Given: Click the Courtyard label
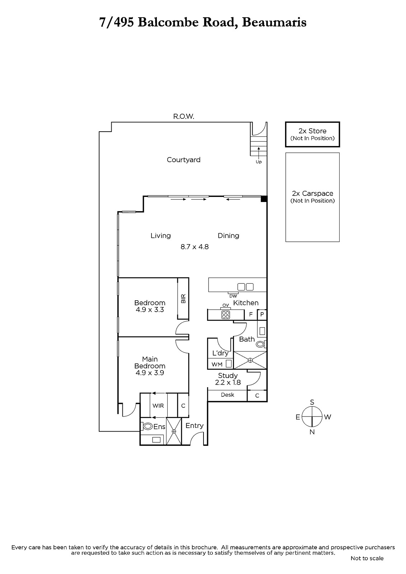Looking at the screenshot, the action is coord(183,160).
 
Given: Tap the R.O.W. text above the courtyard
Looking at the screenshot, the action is coord(184,117).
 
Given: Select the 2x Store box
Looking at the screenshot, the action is coord(312,134).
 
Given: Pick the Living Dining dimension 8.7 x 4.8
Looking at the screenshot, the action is coord(195,247).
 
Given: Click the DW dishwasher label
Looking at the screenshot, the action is coord(233,296).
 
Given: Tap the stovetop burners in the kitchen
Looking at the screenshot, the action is coord(226,314).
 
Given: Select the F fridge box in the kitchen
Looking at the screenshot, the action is coord(251,314).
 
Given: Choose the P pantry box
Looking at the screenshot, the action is coord(262,314).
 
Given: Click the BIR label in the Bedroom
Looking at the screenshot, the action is coord(183,298).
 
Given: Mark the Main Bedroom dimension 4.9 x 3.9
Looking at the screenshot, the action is coord(150,373).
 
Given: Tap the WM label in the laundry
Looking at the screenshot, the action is coord(217,364).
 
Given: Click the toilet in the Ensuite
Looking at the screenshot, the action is coord(147,426).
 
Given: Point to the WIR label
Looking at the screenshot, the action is coord(158,406).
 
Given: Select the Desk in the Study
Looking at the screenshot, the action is coord(227,395).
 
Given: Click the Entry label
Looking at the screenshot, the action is coord(195,425).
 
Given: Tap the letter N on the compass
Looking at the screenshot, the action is coord(312,432).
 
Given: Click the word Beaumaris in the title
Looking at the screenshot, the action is coord(274,23).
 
